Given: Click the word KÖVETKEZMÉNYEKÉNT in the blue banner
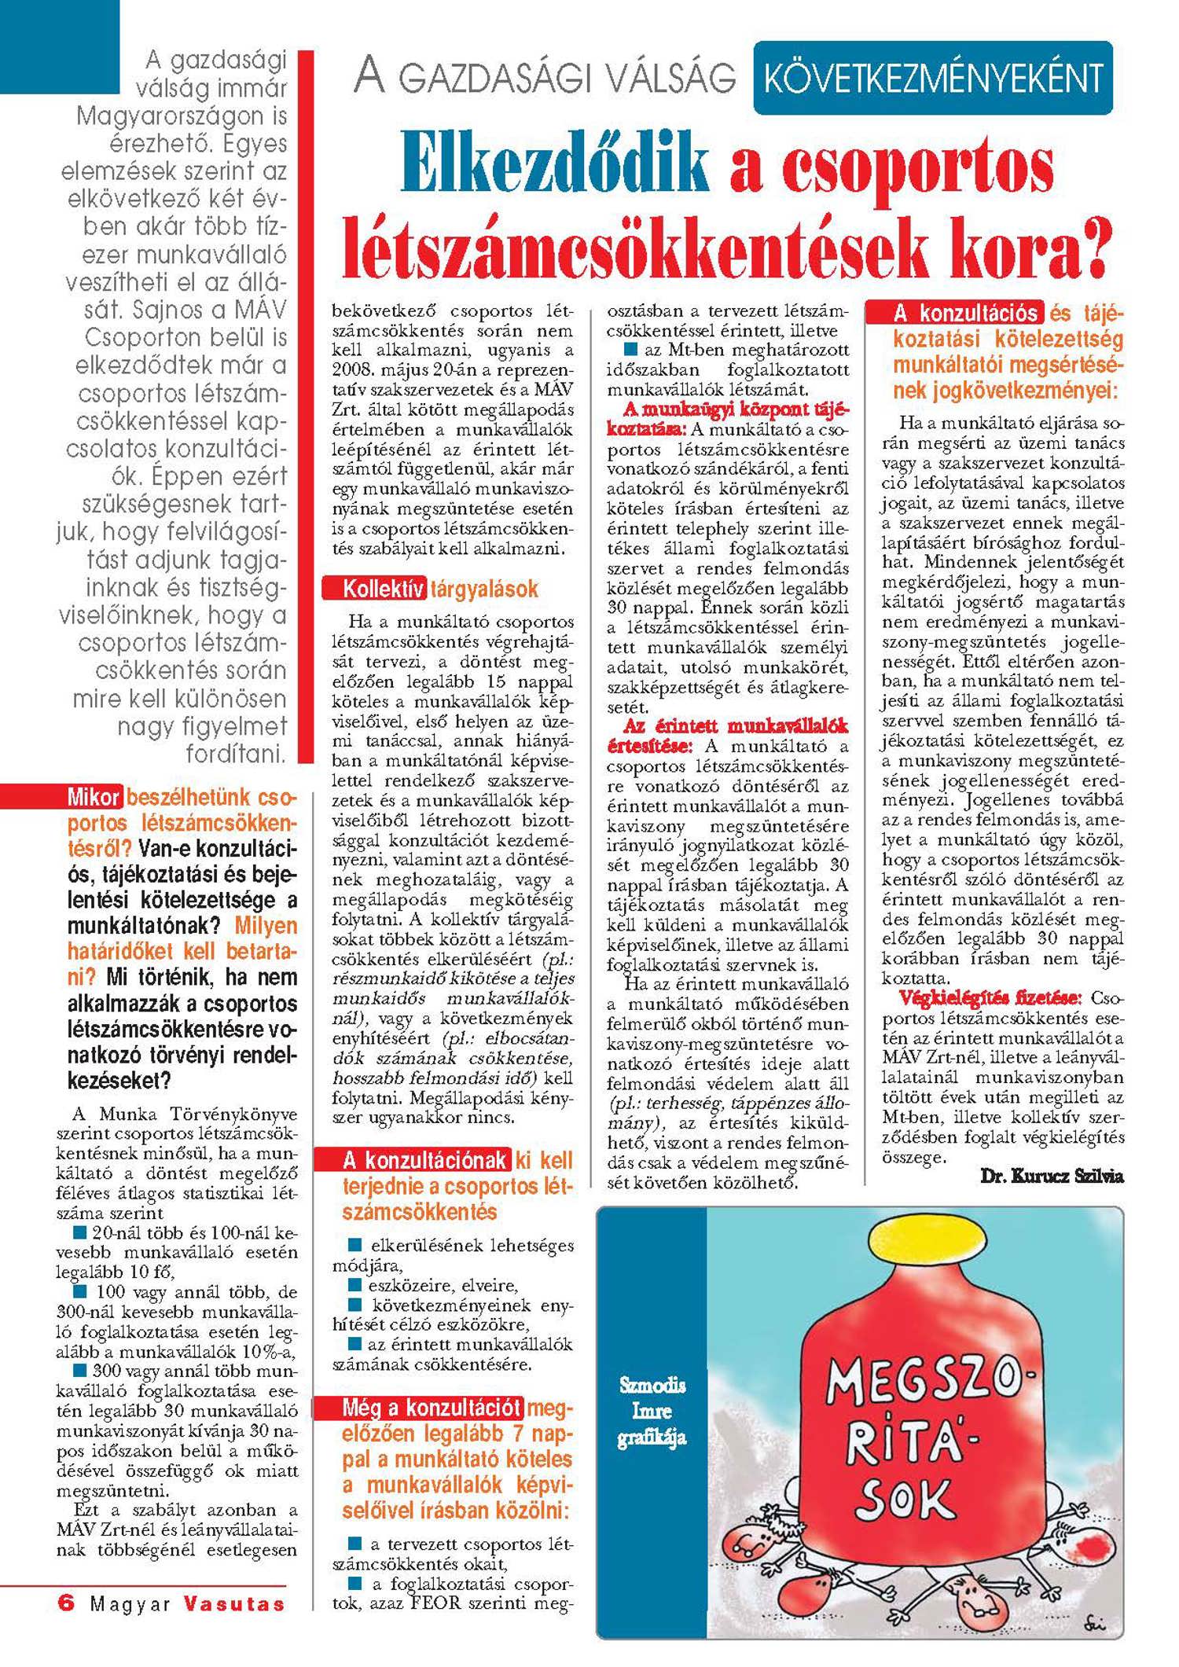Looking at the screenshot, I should coord(933,79).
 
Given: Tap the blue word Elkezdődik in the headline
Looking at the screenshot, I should coord(555,166).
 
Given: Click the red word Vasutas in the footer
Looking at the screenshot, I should coord(234,1603).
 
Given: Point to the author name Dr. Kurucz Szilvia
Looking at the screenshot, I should coord(1052,1176).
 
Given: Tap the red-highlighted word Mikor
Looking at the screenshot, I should coord(94,797).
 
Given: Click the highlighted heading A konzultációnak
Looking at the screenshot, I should coord(424,1160).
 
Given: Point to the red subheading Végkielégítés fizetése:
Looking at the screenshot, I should coord(990,998).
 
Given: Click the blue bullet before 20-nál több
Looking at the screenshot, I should coord(79,1231).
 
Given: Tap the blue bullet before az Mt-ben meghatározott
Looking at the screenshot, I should coord(630,349).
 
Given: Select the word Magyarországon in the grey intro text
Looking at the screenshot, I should coord(182,116).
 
